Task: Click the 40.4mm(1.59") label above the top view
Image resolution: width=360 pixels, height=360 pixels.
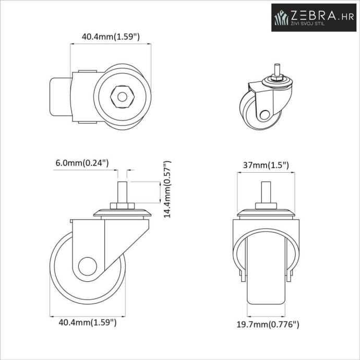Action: point(111,37)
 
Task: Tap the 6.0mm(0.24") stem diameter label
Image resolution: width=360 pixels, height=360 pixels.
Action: point(82,163)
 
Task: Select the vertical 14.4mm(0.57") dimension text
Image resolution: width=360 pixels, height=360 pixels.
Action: point(167,189)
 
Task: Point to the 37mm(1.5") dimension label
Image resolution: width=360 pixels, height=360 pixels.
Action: point(266,165)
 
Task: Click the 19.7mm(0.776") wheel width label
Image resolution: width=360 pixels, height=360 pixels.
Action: point(268,325)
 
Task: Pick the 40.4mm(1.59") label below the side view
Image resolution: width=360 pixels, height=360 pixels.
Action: point(88,322)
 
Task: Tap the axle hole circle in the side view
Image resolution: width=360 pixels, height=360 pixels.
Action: point(88,266)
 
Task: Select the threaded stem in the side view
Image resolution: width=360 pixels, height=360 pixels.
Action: point(122,192)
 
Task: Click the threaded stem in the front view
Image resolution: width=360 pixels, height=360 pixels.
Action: point(266,192)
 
